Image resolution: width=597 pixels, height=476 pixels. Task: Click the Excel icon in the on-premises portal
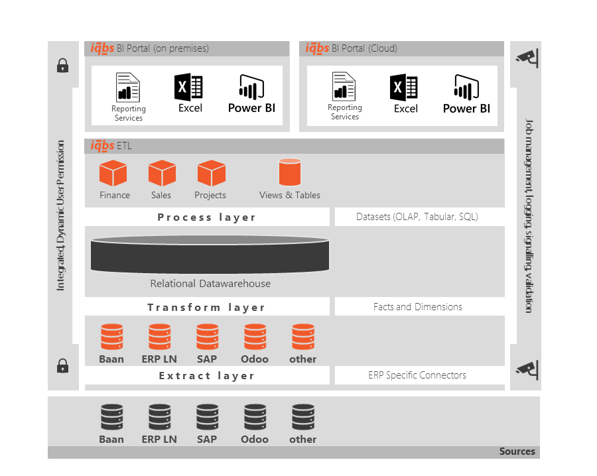(x=188, y=87)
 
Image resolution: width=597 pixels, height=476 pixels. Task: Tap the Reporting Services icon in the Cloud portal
(x=344, y=86)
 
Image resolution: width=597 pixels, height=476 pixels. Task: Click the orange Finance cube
(x=113, y=173)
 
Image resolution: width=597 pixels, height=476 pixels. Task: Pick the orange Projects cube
(x=212, y=173)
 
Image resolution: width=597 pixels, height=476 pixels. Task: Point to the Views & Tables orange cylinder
(x=290, y=172)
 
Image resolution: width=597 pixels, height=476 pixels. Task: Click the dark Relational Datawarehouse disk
(x=210, y=254)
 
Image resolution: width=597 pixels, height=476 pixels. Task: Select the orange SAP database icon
(x=208, y=337)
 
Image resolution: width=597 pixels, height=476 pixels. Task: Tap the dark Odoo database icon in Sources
(x=255, y=417)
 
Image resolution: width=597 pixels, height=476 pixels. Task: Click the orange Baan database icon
(x=112, y=337)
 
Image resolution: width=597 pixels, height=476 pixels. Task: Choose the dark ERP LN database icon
(x=160, y=417)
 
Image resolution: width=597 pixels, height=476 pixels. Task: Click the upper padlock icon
(x=63, y=66)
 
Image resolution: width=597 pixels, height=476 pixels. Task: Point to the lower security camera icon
(x=527, y=370)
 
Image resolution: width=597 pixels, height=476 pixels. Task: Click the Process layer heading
(x=207, y=217)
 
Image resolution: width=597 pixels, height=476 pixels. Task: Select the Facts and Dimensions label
(x=418, y=307)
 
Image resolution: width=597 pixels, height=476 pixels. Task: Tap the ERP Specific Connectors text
(x=417, y=375)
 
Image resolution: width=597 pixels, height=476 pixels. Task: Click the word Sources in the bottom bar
(x=517, y=451)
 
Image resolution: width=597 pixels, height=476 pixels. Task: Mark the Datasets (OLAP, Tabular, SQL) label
(x=417, y=217)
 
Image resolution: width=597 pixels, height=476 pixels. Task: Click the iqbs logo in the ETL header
(x=102, y=145)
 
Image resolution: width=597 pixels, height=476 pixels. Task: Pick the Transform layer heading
(x=206, y=308)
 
